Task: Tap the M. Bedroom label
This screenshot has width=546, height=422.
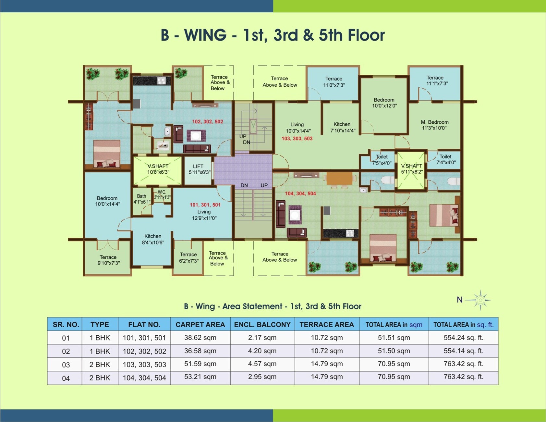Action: [435, 125]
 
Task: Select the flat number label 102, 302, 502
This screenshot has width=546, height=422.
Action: [208, 122]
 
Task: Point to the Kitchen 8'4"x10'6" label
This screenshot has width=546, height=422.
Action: [153, 239]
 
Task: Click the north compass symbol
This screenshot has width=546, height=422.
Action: [480, 300]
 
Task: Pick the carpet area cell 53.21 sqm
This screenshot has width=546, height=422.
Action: [200, 377]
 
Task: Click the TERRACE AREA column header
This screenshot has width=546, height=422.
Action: [327, 325]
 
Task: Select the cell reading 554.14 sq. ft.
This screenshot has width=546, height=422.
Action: [463, 351]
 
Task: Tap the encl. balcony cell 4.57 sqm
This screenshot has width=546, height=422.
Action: [262, 364]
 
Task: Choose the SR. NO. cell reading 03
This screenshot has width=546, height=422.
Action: [66, 365]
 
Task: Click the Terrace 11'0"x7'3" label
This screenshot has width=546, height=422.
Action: [334, 82]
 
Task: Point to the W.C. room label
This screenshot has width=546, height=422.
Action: [162, 194]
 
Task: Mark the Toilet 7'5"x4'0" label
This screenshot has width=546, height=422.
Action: [382, 160]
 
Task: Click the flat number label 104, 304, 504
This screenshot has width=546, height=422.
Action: [300, 194]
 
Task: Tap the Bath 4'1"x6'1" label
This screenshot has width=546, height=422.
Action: [142, 199]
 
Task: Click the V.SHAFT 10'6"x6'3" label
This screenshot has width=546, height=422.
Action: [158, 169]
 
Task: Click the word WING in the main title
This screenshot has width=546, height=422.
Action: [205, 35]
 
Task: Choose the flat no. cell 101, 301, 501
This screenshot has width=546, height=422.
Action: [144, 338]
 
